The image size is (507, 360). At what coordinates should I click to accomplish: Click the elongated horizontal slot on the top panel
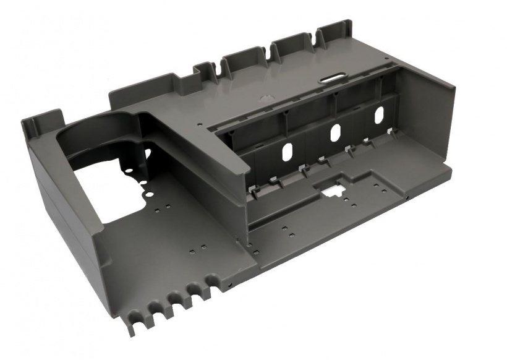[x=333, y=77]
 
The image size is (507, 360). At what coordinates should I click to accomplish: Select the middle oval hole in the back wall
[x=335, y=131]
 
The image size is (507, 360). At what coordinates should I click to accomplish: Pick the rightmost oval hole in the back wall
[x=379, y=114]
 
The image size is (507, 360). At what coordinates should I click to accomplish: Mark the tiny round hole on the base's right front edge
[x=407, y=199]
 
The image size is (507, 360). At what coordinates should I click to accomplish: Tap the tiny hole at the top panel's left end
[x=199, y=124]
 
